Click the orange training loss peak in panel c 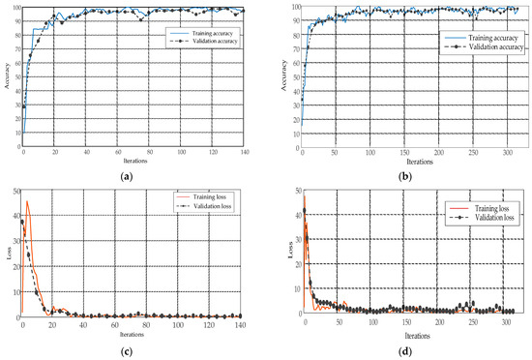click(27, 201)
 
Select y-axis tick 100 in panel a click(14, 8)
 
